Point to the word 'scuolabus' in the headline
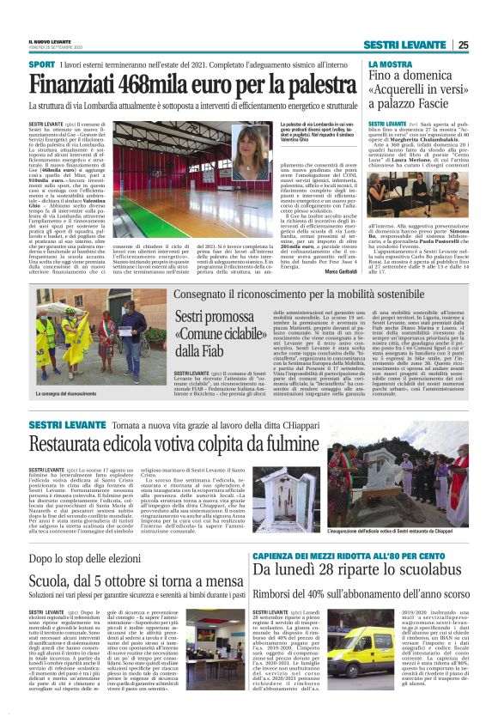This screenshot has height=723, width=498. [x=416, y=592]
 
